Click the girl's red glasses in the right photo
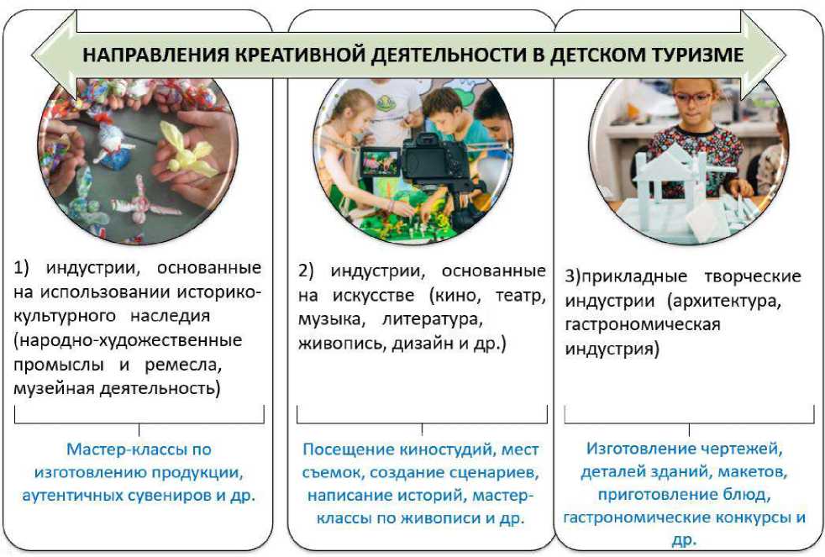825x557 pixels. [x=693, y=97]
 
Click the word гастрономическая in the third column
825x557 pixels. [x=643, y=324]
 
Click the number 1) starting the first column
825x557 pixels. [x=22, y=268]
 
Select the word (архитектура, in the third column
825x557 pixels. [x=725, y=301]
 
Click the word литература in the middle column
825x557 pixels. [x=432, y=320]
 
